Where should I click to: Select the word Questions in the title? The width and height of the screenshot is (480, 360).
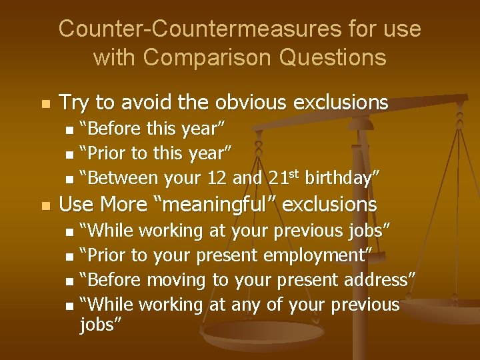[332, 57]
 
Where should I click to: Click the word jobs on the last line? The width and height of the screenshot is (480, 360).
[99, 325]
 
